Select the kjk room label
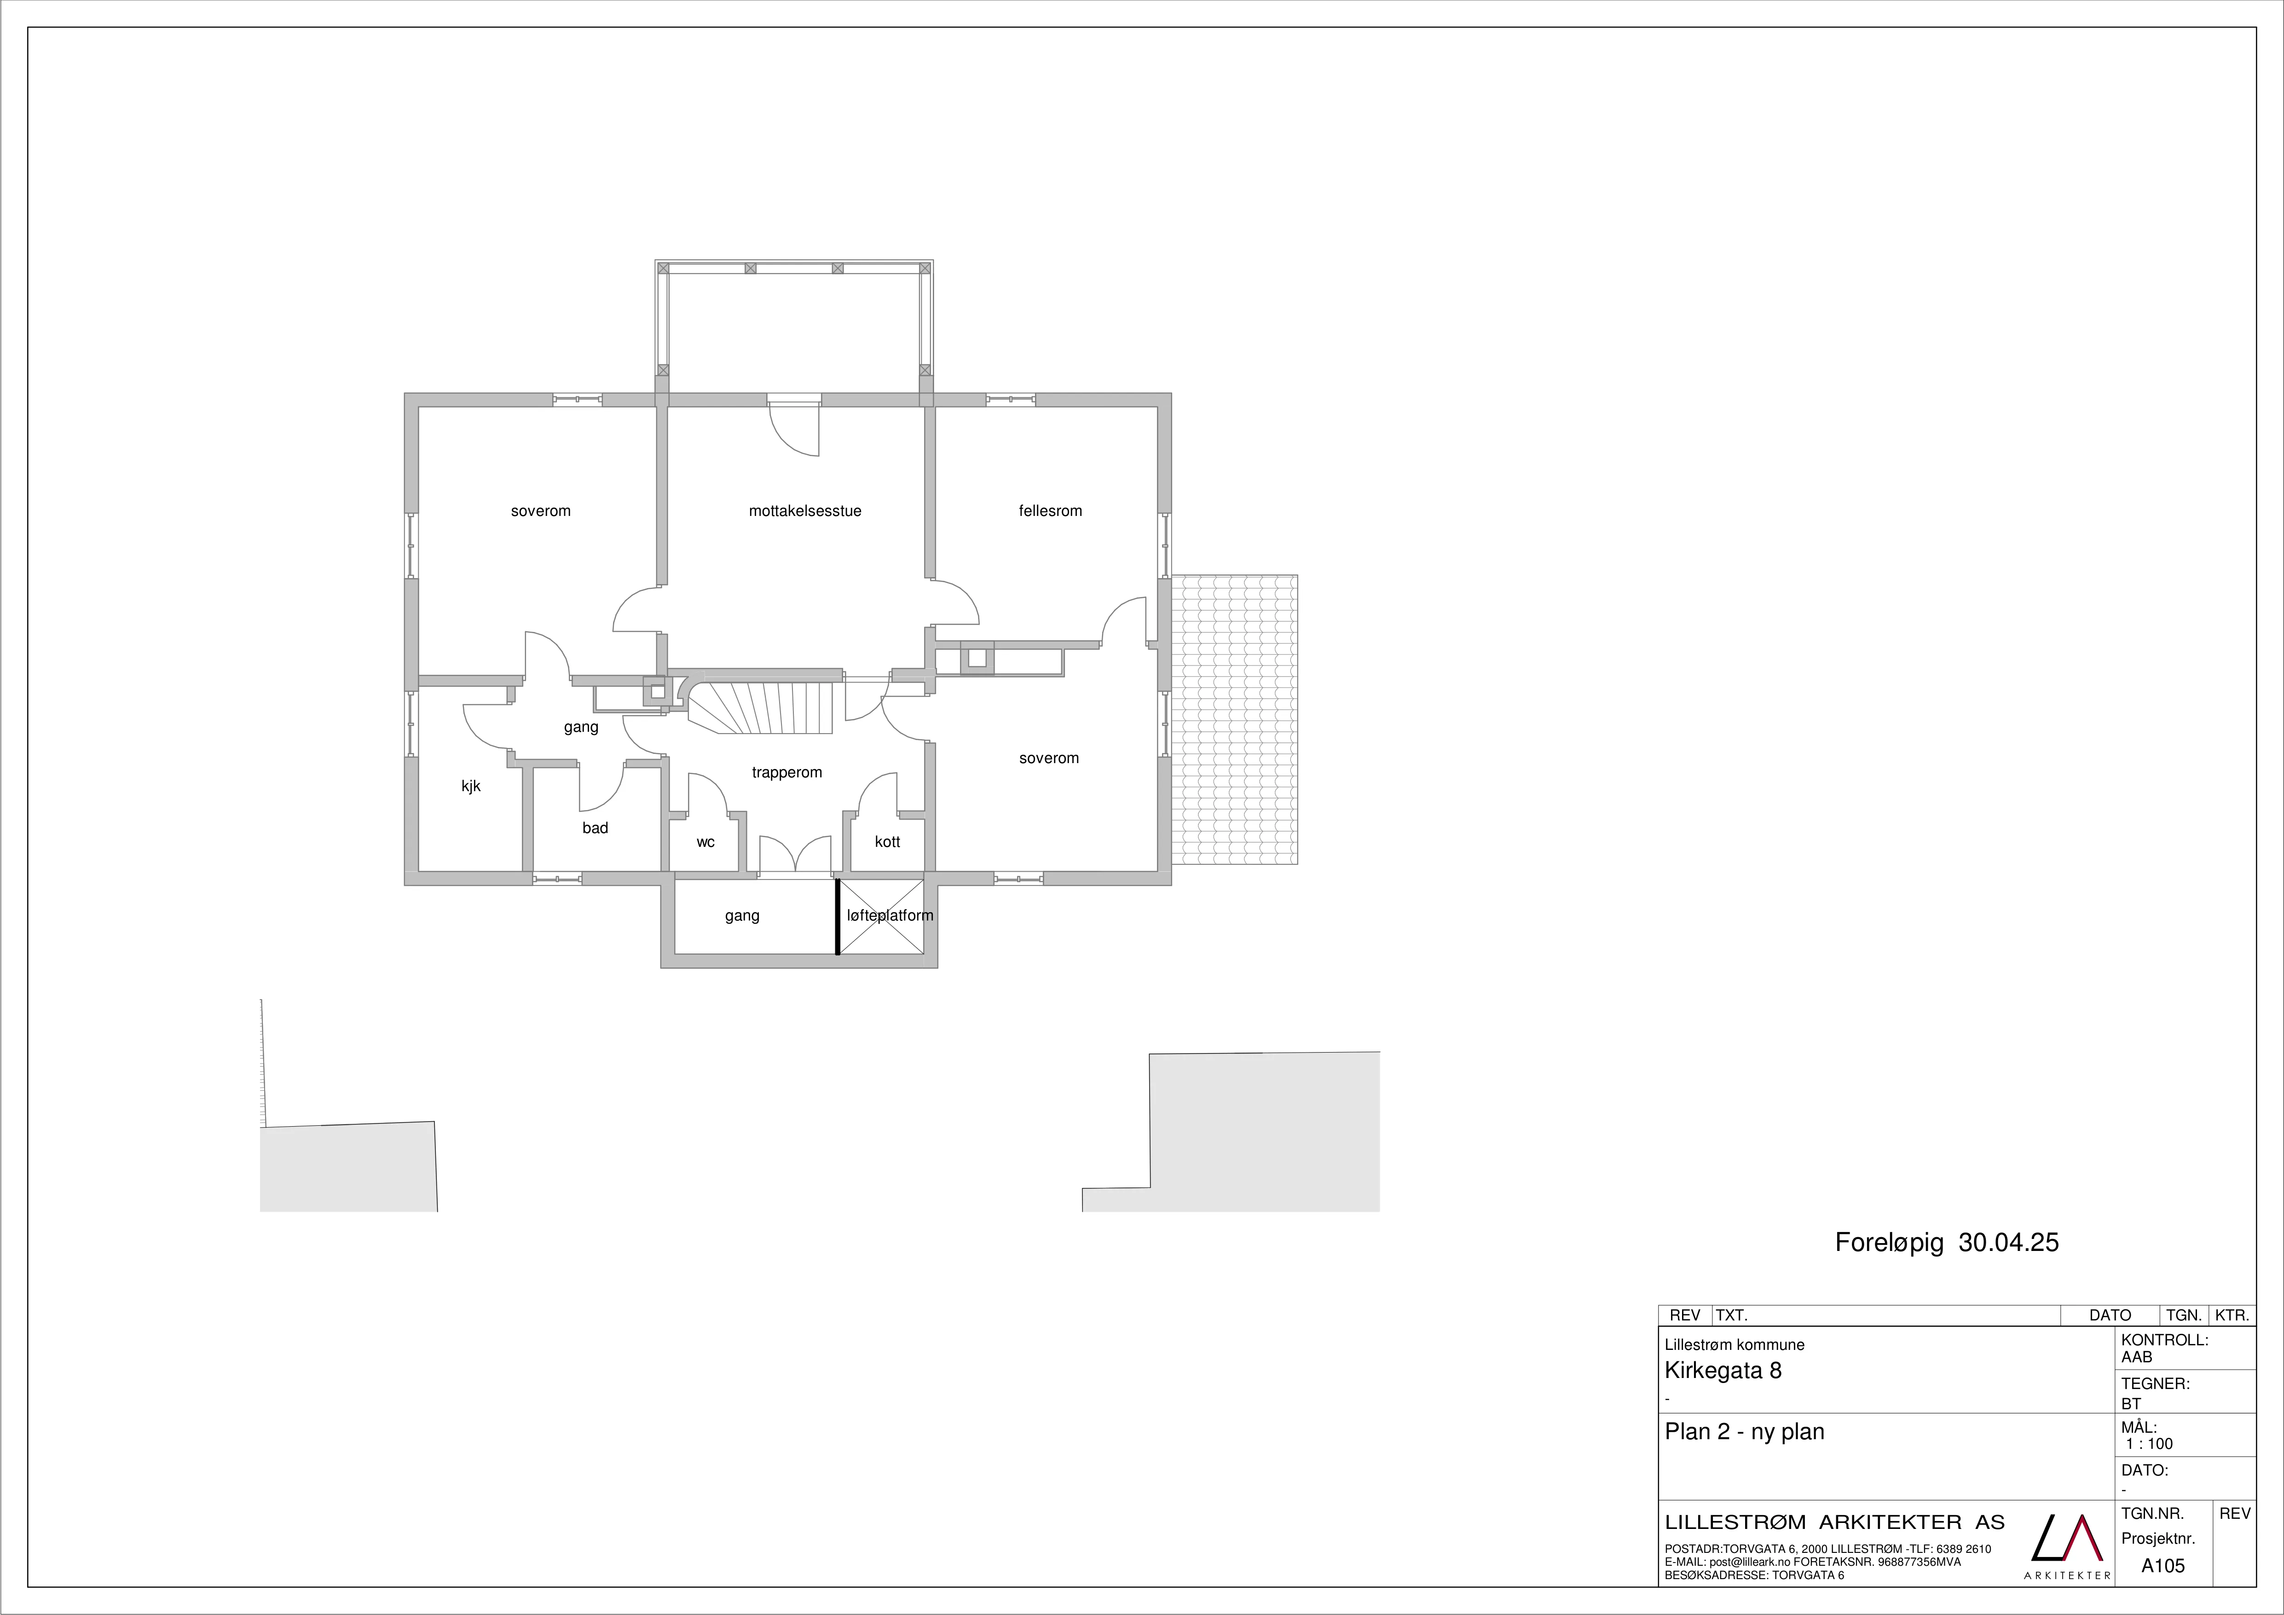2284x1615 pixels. (470, 786)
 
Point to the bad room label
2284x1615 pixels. (595, 828)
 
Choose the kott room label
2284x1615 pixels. (887, 842)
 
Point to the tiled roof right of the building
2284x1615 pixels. (1235, 719)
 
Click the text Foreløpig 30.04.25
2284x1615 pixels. (1947, 1243)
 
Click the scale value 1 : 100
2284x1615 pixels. (2150, 1444)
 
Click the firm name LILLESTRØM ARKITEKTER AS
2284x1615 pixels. (1834, 1522)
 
